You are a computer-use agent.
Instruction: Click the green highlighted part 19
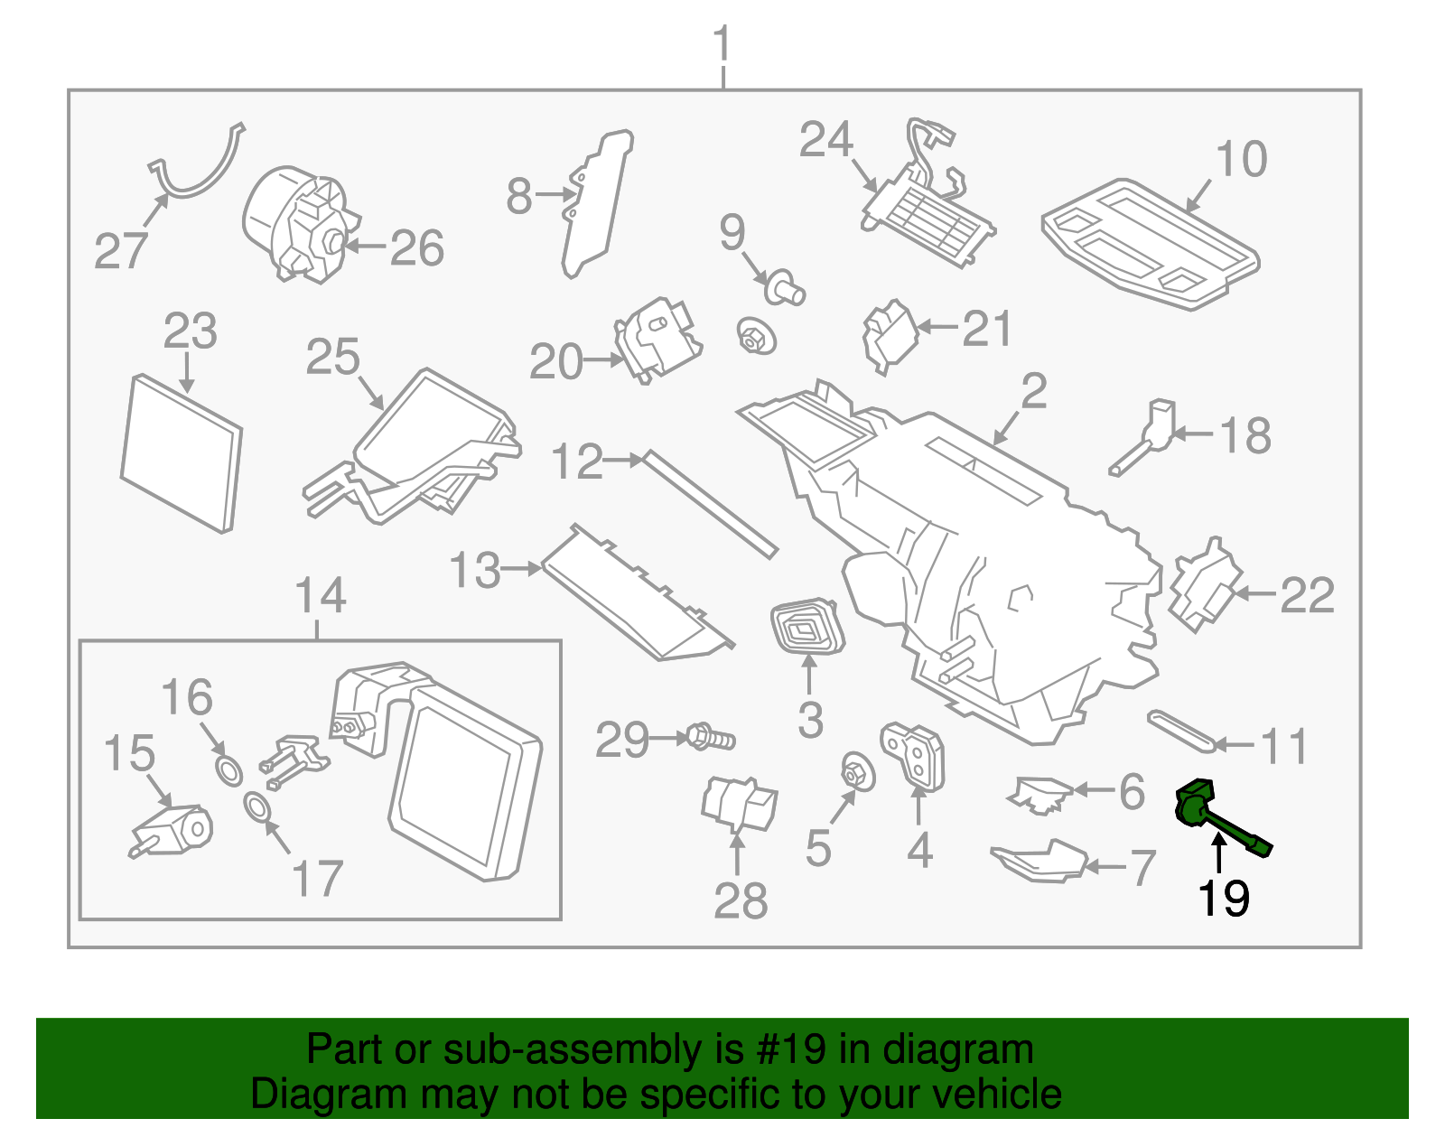(1210, 813)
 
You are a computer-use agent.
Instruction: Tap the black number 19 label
(1223, 899)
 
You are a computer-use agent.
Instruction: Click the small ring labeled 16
(229, 771)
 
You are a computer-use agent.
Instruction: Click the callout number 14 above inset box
(321, 596)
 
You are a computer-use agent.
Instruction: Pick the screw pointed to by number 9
(784, 288)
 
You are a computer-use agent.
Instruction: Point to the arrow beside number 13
(520, 569)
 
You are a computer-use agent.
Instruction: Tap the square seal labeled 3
(806, 626)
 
